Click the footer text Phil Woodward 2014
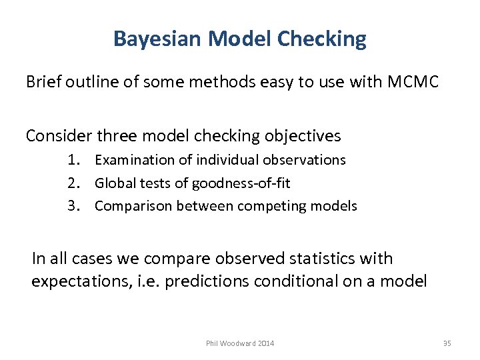tap(240, 343)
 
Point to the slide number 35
tap(447, 343)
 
